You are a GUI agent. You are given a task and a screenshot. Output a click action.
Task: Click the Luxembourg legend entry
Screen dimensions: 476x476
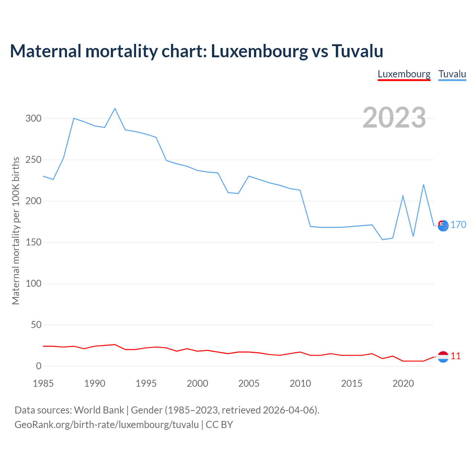pyautogui.click(x=404, y=74)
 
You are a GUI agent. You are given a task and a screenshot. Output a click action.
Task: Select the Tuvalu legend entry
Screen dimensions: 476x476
pyautogui.click(x=452, y=74)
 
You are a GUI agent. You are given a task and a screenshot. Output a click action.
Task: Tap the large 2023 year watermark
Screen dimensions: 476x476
pyautogui.click(x=394, y=118)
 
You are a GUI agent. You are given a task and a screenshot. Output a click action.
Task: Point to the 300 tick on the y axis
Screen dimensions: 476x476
pyautogui.click(x=33, y=119)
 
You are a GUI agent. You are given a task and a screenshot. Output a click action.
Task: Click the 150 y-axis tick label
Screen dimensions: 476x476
pyautogui.click(x=33, y=242)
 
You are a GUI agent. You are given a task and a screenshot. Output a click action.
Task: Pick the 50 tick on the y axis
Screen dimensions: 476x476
pyautogui.click(x=36, y=325)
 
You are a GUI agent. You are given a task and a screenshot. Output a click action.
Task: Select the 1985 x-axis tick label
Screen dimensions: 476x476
pyautogui.click(x=43, y=383)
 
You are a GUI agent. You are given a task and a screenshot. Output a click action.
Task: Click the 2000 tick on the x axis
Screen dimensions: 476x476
pyautogui.click(x=197, y=383)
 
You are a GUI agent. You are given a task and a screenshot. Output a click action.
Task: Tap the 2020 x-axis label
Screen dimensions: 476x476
pyautogui.click(x=403, y=383)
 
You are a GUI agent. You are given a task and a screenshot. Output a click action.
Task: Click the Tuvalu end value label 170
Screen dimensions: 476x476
pyautogui.click(x=458, y=225)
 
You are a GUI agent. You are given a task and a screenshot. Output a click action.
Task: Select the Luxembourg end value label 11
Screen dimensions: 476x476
pyautogui.click(x=456, y=356)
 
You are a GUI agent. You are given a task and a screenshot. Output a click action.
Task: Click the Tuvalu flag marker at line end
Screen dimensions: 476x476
pyautogui.click(x=443, y=225)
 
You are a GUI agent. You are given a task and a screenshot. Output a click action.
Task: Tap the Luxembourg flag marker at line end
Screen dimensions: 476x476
pyautogui.click(x=443, y=357)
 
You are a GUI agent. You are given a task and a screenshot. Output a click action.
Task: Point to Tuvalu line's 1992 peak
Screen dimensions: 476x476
pyautogui.click(x=115, y=109)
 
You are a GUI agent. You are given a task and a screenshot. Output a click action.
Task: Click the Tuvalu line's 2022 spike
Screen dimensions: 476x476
pyautogui.click(x=424, y=185)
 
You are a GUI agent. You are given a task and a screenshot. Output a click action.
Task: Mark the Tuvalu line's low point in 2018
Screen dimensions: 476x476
pyautogui.click(x=382, y=239)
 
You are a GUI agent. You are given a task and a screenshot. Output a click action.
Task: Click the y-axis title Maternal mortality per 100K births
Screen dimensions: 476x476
pyautogui.click(x=16, y=231)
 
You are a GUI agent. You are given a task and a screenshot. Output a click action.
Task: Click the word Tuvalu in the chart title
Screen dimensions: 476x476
pyautogui.click(x=357, y=51)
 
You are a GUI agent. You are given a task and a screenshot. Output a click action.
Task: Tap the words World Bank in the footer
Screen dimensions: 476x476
pyautogui.click(x=99, y=410)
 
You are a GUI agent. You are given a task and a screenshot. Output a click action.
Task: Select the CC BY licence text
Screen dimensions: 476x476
pyautogui.click(x=219, y=425)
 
